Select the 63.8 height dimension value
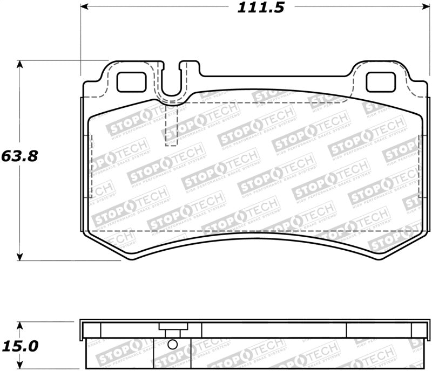[19, 156]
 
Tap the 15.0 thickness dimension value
[19, 345]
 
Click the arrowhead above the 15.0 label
[20, 325]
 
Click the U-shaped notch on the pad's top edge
[172, 86]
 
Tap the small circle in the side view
[172, 345]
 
